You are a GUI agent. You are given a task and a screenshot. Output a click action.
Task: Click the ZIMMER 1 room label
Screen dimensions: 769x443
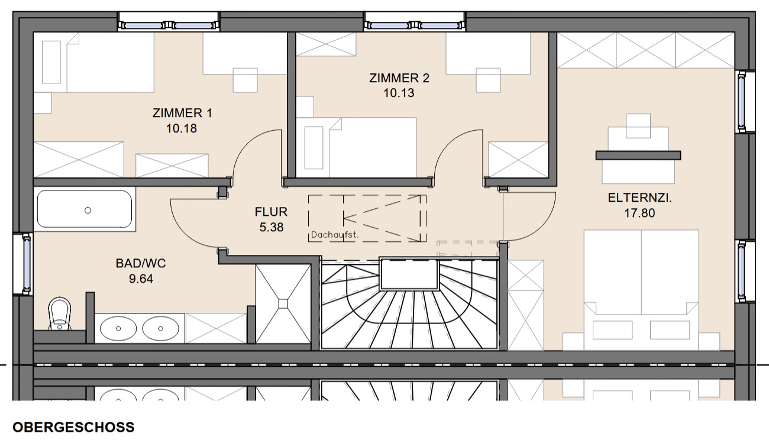click(182, 113)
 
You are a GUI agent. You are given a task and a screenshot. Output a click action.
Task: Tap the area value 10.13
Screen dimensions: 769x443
click(399, 93)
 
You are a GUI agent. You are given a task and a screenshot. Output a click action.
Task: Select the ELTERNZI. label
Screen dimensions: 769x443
click(639, 198)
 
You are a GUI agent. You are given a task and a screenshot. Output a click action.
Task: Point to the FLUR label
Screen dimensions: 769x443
click(271, 212)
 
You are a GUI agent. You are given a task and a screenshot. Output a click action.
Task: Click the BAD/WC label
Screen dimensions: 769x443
click(141, 263)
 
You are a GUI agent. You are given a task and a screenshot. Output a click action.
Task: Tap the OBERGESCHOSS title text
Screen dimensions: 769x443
click(73, 427)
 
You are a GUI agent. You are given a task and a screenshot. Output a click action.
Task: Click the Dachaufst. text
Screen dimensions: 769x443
click(335, 235)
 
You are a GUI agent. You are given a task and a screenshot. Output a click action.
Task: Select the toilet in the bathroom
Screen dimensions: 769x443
click(60, 313)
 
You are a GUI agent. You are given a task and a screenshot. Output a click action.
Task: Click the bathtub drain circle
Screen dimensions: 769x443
click(88, 211)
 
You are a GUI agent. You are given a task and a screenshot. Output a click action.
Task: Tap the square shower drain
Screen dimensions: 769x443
click(283, 304)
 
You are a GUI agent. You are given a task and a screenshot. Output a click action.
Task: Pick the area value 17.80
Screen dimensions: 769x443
click(639, 213)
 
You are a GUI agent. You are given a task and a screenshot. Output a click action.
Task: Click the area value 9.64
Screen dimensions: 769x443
click(141, 279)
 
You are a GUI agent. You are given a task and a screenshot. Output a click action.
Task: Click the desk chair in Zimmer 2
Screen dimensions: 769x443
click(488, 80)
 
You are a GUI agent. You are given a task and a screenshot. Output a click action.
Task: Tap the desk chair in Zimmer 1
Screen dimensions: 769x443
click(245, 80)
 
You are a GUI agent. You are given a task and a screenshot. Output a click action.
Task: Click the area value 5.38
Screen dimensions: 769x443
click(271, 227)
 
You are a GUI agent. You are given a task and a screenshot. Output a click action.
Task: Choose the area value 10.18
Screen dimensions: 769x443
click(182, 128)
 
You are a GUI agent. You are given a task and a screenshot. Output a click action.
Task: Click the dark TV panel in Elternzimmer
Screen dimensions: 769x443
click(638, 155)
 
